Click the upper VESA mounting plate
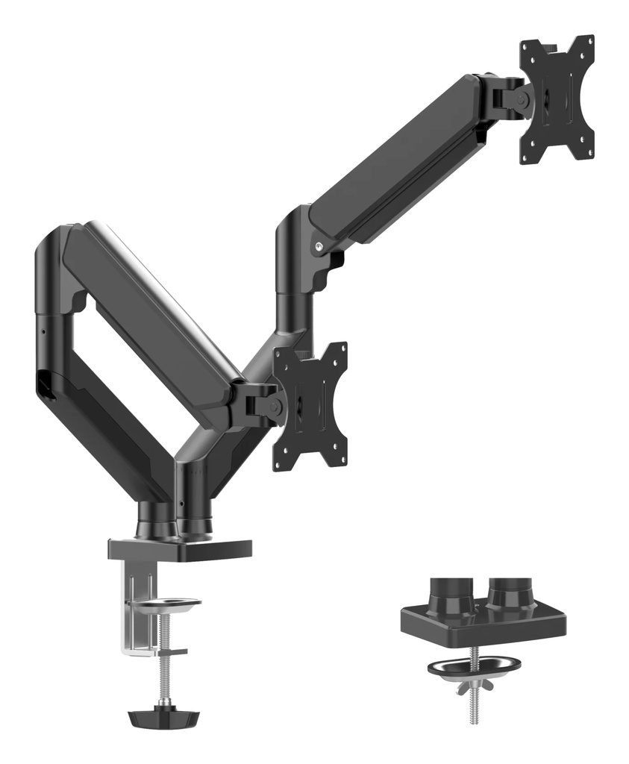558,99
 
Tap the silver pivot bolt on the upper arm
320,245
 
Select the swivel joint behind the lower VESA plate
263,404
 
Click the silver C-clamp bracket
137,604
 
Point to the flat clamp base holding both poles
179,548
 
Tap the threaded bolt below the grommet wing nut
474,705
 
